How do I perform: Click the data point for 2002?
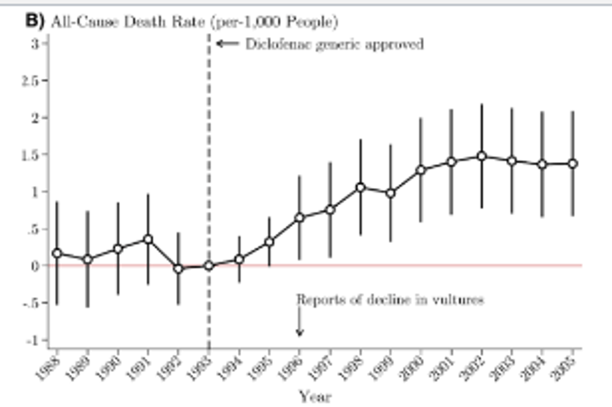(482, 156)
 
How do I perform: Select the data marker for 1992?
(178, 269)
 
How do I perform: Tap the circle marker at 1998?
(360, 187)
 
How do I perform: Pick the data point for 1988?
(57, 253)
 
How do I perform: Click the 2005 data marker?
(573, 164)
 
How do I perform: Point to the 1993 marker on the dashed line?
(209, 266)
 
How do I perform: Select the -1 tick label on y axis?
(32, 341)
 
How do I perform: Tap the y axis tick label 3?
(35, 43)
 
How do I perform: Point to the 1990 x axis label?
(109, 368)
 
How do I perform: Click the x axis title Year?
(315, 397)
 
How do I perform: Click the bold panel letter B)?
(34, 20)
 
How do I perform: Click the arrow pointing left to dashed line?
(228, 43)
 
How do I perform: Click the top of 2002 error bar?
(482, 105)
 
